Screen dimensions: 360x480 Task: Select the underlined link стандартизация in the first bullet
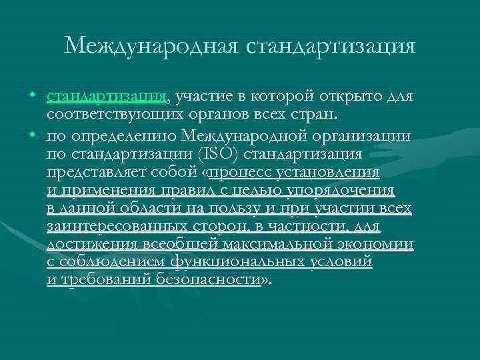click(107, 97)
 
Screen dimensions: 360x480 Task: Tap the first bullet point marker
click(33, 97)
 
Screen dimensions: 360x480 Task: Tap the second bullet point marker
click(33, 136)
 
